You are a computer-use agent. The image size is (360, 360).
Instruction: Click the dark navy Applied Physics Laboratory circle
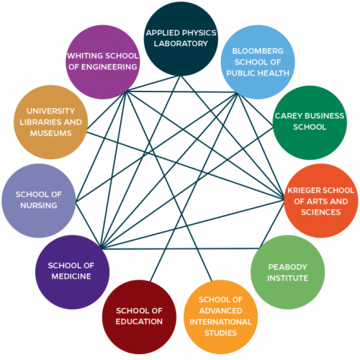(x=181, y=39)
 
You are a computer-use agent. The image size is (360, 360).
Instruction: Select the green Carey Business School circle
(x=310, y=122)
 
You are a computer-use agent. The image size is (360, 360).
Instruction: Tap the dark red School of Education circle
(x=139, y=317)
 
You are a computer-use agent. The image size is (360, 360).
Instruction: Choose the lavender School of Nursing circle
(x=39, y=201)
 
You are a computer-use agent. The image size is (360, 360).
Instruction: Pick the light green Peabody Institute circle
(x=287, y=272)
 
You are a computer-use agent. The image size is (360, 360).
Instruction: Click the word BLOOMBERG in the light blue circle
(x=258, y=51)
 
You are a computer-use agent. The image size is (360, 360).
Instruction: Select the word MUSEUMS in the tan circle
(x=51, y=133)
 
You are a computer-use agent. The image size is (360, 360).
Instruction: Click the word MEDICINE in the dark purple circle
(x=71, y=276)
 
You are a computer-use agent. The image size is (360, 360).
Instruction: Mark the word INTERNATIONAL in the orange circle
(x=220, y=322)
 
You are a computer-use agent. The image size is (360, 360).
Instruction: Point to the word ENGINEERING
(x=109, y=67)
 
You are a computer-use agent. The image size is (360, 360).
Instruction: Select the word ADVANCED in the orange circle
(x=220, y=311)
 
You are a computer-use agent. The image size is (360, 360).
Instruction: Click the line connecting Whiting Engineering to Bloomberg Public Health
(x=181, y=91)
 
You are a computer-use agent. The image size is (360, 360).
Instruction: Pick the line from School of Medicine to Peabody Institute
(x=181, y=248)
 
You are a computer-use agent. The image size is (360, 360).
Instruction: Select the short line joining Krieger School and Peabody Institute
(x=271, y=224)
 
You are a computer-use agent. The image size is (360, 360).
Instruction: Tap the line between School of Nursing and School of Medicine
(x=89, y=225)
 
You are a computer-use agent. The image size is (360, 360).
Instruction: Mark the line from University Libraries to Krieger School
(x=185, y=166)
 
